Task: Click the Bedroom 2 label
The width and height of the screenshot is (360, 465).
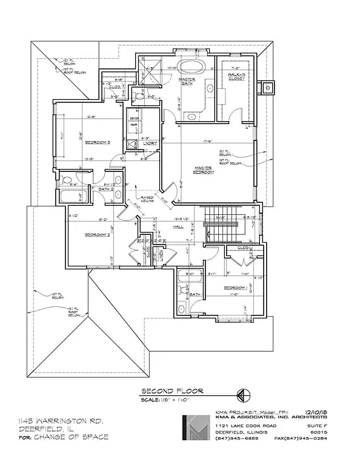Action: (x=97, y=234)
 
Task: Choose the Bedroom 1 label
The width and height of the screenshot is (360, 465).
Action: (x=235, y=288)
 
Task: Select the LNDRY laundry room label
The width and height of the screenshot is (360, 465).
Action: (x=151, y=143)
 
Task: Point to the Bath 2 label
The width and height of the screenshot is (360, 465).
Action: (x=104, y=189)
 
